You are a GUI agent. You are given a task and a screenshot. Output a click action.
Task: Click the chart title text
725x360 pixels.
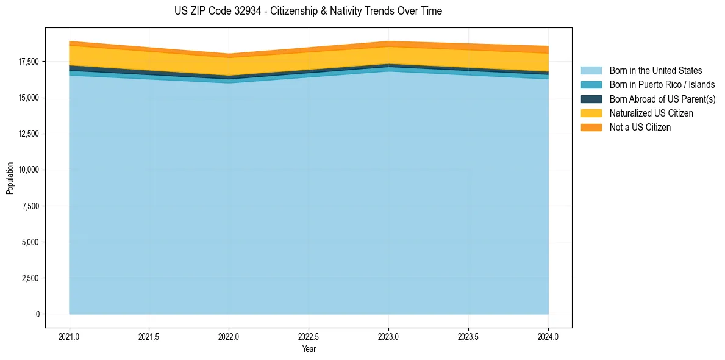coord(308,11)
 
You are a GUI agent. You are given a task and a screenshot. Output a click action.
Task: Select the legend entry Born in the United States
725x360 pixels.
coord(655,71)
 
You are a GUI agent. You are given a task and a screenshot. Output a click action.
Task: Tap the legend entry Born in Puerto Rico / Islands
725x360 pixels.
coord(662,85)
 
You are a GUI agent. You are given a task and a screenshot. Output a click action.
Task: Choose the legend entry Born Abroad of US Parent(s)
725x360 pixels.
coord(662,99)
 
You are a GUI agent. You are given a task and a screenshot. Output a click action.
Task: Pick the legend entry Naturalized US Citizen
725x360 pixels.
coord(651,113)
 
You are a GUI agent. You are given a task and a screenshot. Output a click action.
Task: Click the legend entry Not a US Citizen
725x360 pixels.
coord(640,128)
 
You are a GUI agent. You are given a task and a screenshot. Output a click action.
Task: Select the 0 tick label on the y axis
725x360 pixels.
coord(37,314)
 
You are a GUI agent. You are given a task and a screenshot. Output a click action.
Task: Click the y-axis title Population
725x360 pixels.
coord(10,178)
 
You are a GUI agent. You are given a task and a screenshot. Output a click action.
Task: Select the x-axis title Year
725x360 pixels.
coord(309,349)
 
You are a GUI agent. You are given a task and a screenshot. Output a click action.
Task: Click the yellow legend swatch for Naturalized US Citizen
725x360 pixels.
coord(591,113)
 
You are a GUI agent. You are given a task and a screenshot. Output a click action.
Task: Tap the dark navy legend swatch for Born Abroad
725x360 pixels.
coord(591,99)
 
